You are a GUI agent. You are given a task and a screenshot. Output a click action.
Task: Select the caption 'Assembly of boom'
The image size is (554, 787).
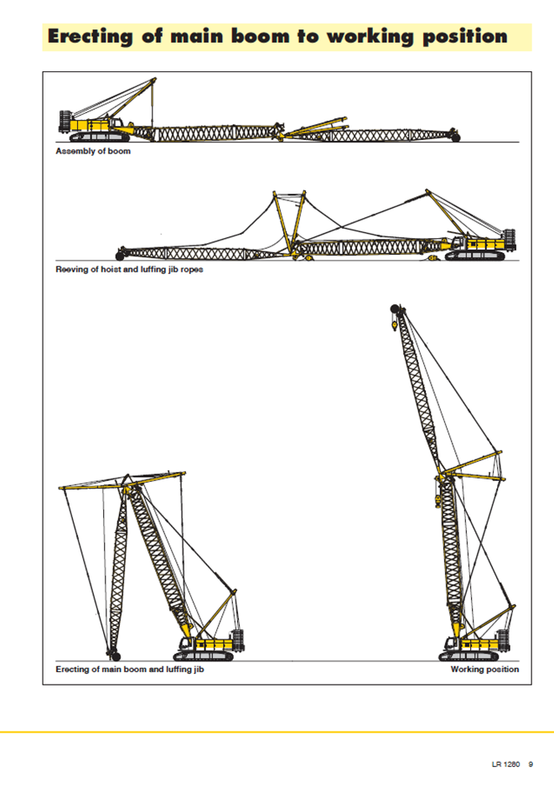[x=93, y=152]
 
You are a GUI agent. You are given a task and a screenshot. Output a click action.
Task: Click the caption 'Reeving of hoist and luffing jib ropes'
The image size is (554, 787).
[x=129, y=270]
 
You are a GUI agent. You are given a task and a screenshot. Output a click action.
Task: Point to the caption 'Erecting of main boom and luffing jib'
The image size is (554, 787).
[x=130, y=670]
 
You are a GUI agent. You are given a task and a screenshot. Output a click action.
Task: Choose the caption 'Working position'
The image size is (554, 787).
[x=484, y=670]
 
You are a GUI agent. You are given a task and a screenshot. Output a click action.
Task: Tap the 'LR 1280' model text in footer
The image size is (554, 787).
[x=506, y=764]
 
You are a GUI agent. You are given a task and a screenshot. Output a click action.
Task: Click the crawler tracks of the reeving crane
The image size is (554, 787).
[x=476, y=255]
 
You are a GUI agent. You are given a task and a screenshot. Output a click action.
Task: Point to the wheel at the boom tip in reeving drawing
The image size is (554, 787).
[x=121, y=251]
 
